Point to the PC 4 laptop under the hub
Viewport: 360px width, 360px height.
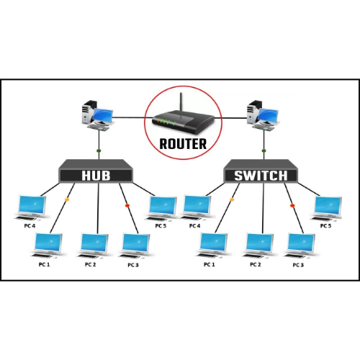30,206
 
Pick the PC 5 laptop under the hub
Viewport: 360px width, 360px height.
161,207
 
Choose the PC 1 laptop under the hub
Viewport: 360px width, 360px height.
46,246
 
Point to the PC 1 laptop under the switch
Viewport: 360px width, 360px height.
212,246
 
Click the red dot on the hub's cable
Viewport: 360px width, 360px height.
127,205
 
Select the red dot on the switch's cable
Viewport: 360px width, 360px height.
292,205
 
